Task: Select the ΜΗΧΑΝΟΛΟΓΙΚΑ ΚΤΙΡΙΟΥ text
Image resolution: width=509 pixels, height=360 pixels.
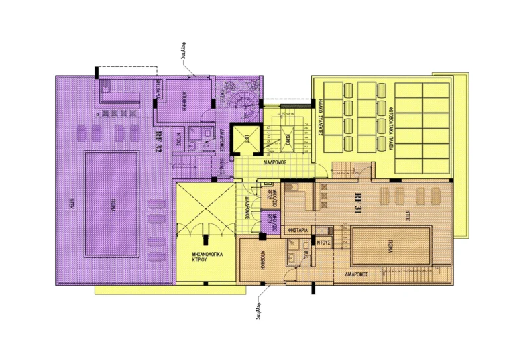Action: click(x=205, y=257)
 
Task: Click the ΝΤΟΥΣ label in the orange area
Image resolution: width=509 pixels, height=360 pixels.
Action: click(x=324, y=242)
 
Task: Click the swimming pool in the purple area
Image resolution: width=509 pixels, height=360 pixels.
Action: click(x=111, y=204)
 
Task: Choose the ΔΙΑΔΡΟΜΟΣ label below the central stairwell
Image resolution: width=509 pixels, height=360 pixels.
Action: click(x=274, y=160)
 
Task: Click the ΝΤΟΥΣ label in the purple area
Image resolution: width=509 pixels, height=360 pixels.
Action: click(x=178, y=140)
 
